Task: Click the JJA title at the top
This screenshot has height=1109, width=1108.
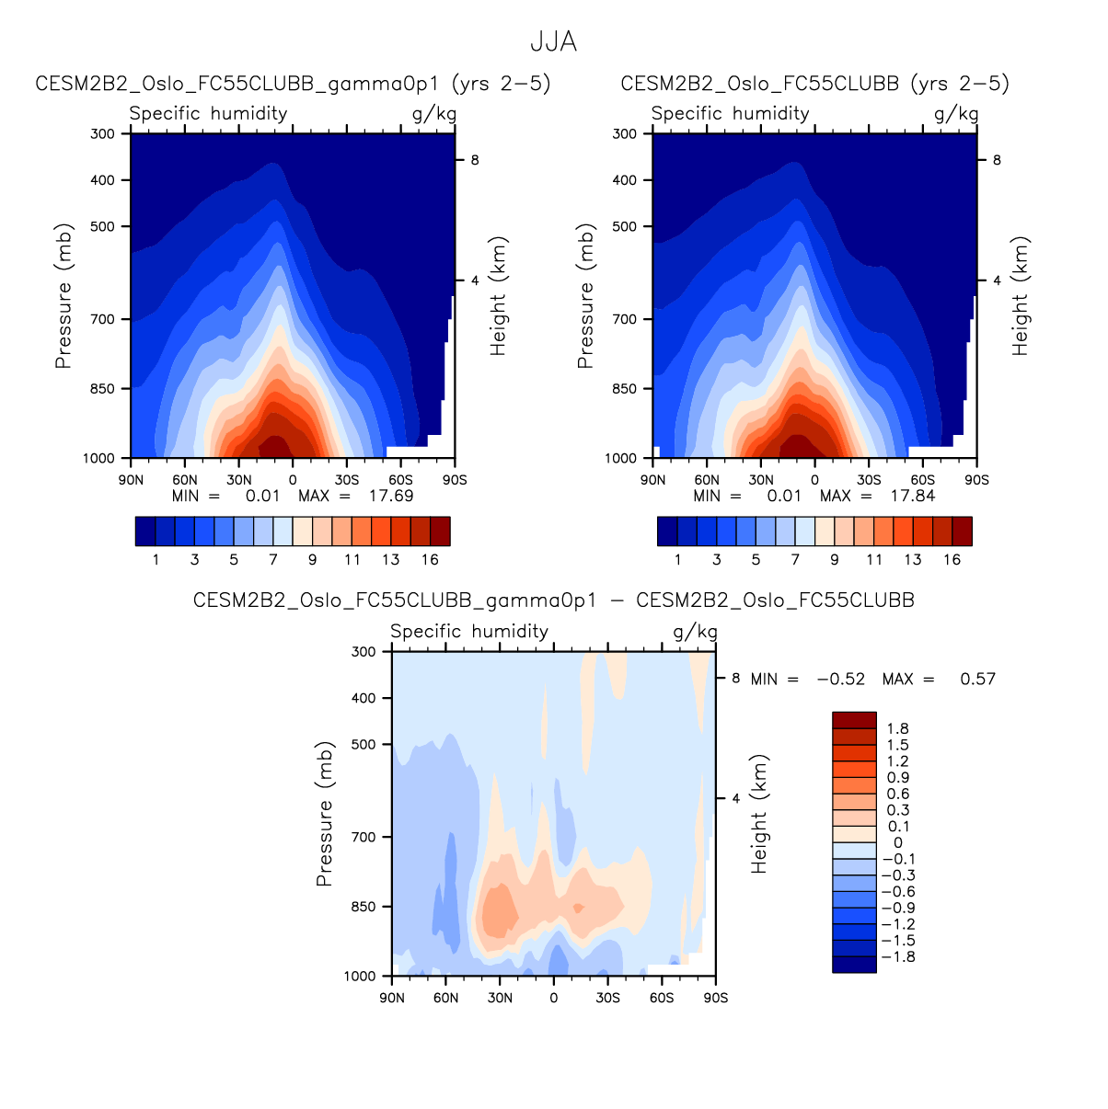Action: [x=553, y=42]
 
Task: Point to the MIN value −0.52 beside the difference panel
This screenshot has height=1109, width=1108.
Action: [x=840, y=680]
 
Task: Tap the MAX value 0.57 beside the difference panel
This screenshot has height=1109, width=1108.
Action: [x=977, y=680]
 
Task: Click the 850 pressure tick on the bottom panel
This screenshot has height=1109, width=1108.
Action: [x=364, y=907]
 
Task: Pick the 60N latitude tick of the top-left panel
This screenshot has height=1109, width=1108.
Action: [x=185, y=480]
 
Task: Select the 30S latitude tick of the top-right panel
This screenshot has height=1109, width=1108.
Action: [x=869, y=480]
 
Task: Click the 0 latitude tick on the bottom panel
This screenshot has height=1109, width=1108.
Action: [x=553, y=998]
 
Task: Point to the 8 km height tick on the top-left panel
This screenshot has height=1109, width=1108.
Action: [x=475, y=160]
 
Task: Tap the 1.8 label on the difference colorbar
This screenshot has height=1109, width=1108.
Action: [x=898, y=728]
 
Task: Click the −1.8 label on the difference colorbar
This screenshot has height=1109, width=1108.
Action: [x=897, y=957]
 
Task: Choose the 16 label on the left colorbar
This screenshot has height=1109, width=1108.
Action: [x=430, y=559]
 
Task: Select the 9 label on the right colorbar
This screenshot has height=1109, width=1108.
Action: [x=835, y=559]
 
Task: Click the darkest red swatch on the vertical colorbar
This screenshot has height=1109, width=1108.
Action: [x=854, y=720]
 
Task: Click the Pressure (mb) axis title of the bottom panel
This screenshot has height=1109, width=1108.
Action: [x=323, y=814]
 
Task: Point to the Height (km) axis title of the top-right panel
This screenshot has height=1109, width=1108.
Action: [x=1021, y=296]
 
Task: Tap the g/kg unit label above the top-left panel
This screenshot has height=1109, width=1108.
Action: [x=433, y=114]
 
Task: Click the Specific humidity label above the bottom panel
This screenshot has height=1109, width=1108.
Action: [x=469, y=632]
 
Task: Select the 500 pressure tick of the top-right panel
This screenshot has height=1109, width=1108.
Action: [x=625, y=226]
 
